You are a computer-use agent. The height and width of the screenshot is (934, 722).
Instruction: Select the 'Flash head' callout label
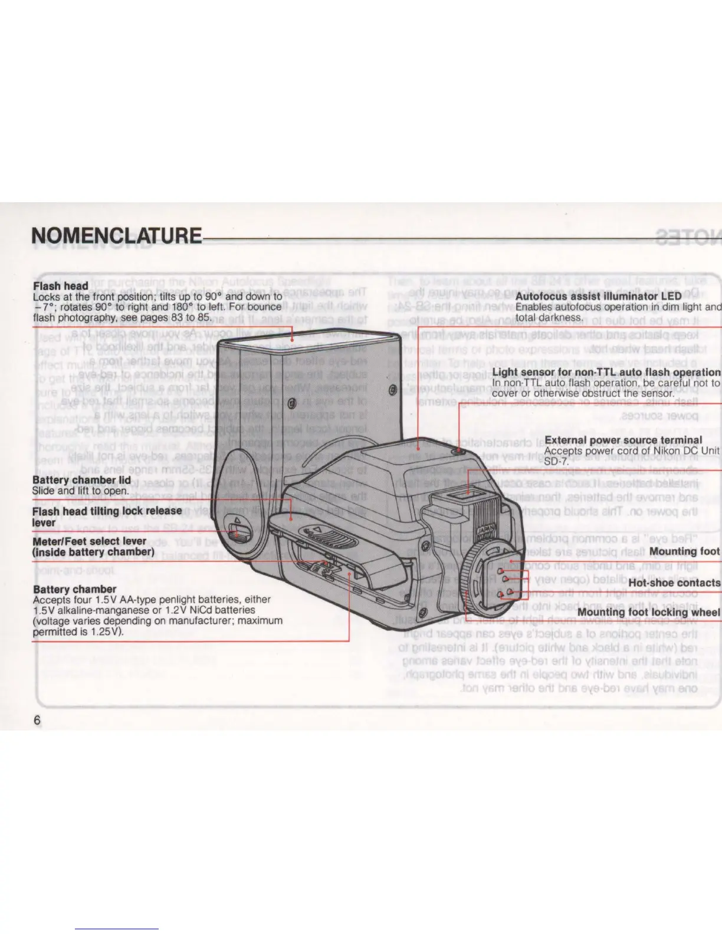[x=61, y=286]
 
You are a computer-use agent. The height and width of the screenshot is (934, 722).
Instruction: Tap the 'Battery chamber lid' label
[x=81, y=480]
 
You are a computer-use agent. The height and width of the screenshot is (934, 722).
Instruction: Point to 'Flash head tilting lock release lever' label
[x=106, y=516]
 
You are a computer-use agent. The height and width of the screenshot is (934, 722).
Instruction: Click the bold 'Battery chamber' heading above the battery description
[x=74, y=589]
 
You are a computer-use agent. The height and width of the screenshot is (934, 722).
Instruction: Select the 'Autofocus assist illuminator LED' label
[x=598, y=295]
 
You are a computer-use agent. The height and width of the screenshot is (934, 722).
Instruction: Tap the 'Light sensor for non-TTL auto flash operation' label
[x=606, y=372]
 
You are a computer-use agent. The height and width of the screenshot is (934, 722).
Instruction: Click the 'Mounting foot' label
[x=684, y=551]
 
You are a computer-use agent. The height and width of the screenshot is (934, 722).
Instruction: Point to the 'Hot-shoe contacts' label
[x=674, y=583]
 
